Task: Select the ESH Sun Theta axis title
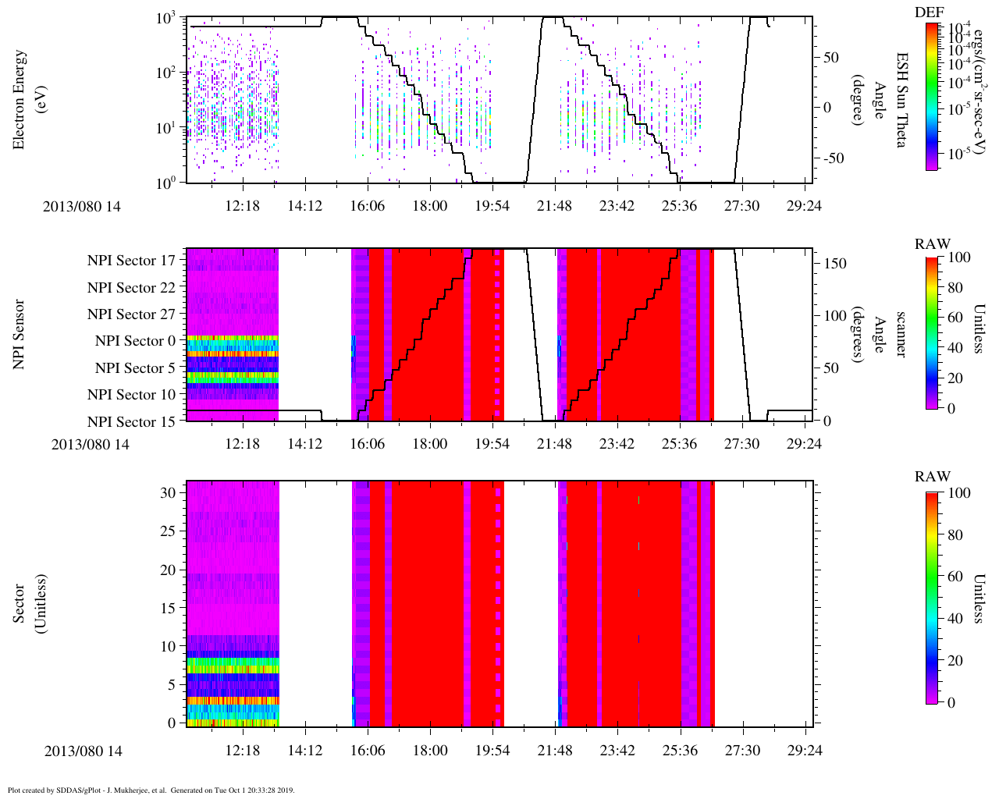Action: [x=902, y=100]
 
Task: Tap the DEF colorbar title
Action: [x=929, y=12]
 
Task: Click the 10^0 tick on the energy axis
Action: [x=168, y=183]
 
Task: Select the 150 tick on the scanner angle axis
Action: [x=836, y=264]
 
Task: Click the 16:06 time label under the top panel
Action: [x=367, y=205]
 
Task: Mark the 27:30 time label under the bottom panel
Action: [x=741, y=750]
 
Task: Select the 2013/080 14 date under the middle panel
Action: [x=90, y=445]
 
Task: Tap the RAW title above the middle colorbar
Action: [x=932, y=244]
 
